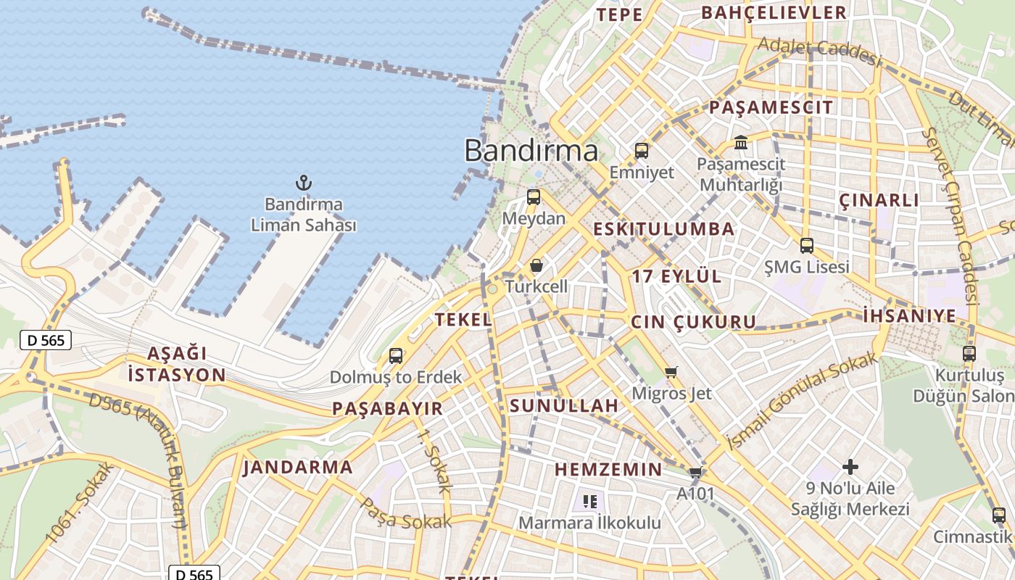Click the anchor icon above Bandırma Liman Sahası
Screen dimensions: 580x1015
(x=304, y=183)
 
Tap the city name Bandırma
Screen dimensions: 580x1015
(x=531, y=151)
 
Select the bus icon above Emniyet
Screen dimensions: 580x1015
(x=642, y=151)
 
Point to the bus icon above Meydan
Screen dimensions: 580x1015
(x=534, y=197)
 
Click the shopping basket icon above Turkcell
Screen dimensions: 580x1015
(x=536, y=265)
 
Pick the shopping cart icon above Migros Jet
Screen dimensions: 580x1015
(x=671, y=372)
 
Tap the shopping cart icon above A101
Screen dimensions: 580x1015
(x=696, y=473)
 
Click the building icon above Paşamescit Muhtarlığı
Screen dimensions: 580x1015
(x=741, y=142)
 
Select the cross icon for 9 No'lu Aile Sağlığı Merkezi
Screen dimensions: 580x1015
(x=850, y=467)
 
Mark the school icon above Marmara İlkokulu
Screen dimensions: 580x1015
(x=590, y=501)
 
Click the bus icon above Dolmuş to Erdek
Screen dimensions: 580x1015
(x=396, y=356)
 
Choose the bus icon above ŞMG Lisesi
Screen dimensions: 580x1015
(x=807, y=246)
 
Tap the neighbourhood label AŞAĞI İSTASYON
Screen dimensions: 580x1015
(x=176, y=365)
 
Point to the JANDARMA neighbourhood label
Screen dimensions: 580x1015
(x=298, y=467)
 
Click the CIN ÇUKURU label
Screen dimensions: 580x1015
(x=693, y=322)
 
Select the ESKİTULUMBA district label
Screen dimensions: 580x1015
(x=663, y=229)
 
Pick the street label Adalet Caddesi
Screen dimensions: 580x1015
(x=819, y=51)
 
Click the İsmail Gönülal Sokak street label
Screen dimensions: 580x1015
(x=801, y=401)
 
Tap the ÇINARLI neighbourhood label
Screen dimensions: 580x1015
(x=879, y=200)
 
